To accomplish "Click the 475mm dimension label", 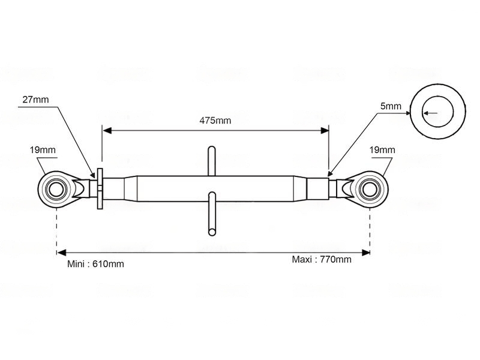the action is pyautogui.click(x=215, y=121).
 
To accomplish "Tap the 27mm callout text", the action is pyautogui.click(x=35, y=100).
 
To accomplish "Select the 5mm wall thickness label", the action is pyautogui.click(x=391, y=106).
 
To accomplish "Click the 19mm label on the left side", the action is pyautogui.click(x=43, y=149).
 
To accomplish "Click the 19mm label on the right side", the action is pyautogui.click(x=382, y=149).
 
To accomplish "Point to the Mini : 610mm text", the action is pyautogui.click(x=95, y=264).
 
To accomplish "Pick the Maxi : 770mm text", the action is pyautogui.click(x=322, y=259).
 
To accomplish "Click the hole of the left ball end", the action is pyautogui.click(x=56, y=189).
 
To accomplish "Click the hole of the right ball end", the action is pyautogui.click(x=370, y=189).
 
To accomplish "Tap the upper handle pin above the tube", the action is pyautogui.click(x=212, y=161).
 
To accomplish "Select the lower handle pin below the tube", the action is pyautogui.click(x=212, y=214).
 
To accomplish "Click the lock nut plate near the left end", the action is pyautogui.click(x=100, y=188).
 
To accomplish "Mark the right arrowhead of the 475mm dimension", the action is pyautogui.click(x=325, y=131).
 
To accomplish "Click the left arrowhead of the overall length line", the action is pyautogui.click(x=61, y=253).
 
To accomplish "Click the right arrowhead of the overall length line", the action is pyautogui.click(x=366, y=253).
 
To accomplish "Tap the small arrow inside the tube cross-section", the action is pyautogui.click(x=430, y=113).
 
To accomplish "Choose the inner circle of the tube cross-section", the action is pyautogui.click(x=438, y=97).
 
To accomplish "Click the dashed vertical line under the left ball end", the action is pyautogui.click(x=57, y=231).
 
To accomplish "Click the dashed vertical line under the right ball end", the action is pyautogui.click(x=370, y=231).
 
